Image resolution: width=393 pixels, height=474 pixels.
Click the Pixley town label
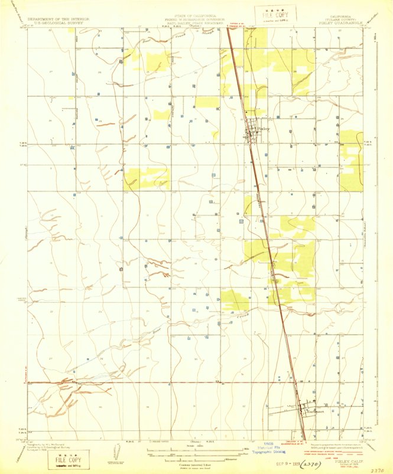[264, 128]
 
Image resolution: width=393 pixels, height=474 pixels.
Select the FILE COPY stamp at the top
[267, 13]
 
